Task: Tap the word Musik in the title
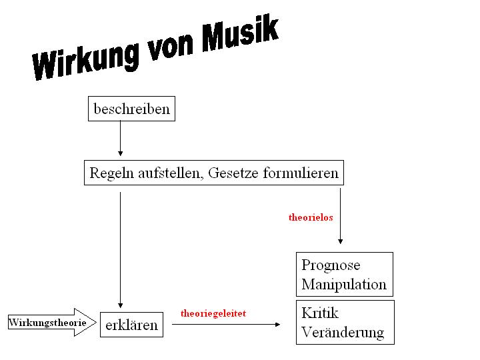239,35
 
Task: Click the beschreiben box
131,109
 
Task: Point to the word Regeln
111,174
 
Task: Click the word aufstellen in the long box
170,174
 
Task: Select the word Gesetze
233,174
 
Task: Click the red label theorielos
311,217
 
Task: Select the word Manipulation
344,285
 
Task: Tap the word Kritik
320,313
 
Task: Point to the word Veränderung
343,331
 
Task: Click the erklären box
131,325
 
